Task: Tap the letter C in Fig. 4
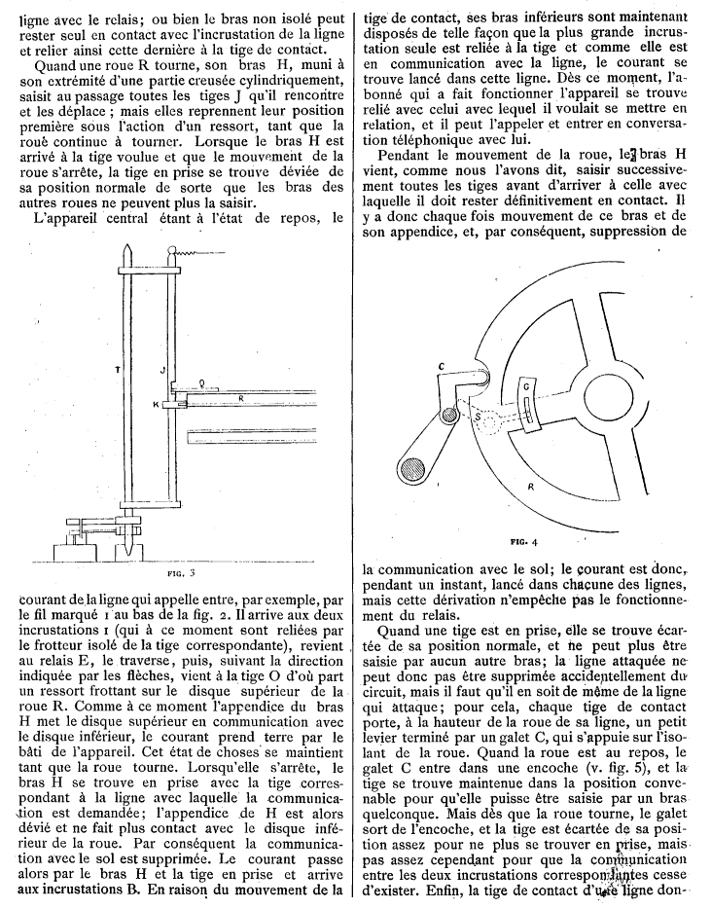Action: click(x=441, y=366)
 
